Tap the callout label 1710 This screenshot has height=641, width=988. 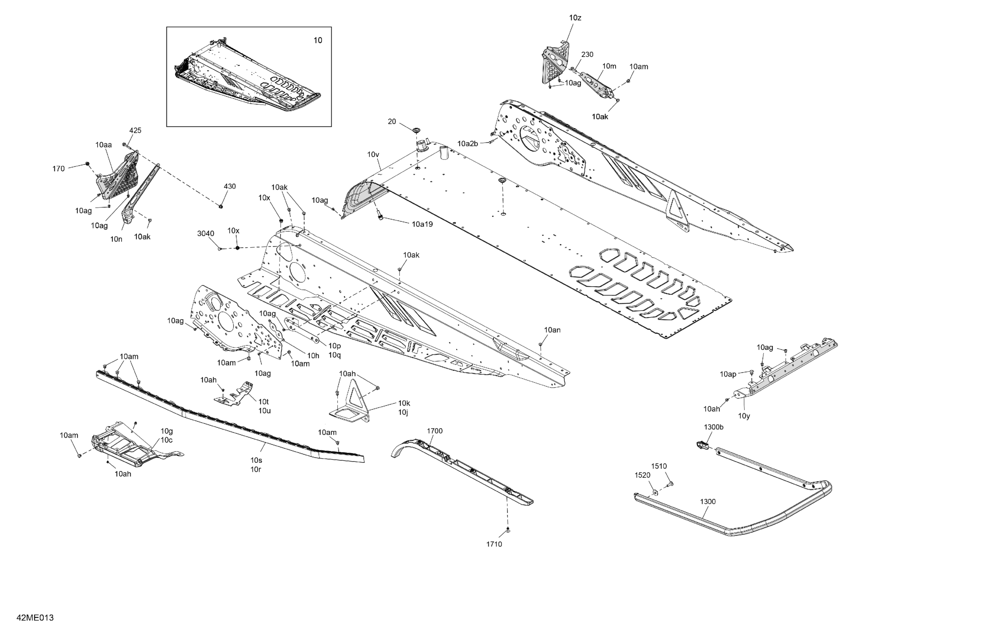point(494,544)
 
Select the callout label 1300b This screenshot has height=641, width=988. point(714,427)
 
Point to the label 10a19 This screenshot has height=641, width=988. point(422,224)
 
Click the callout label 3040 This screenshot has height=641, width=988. point(205,233)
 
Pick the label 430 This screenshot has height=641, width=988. point(229,187)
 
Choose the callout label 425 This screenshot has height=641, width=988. point(135,130)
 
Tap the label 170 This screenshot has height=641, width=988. point(58,169)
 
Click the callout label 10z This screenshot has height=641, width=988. point(575,18)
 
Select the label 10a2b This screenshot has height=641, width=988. point(467,144)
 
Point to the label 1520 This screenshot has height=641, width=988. point(642,475)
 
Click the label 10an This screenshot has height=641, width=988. point(552,330)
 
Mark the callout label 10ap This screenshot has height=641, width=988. point(728,374)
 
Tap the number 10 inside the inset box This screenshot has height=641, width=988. point(318,40)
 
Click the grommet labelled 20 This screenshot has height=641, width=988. point(416,130)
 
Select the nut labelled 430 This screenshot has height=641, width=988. point(221,205)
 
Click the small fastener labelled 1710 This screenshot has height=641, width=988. point(508,531)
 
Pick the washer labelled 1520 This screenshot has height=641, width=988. point(655,492)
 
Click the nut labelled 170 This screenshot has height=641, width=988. point(87,164)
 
